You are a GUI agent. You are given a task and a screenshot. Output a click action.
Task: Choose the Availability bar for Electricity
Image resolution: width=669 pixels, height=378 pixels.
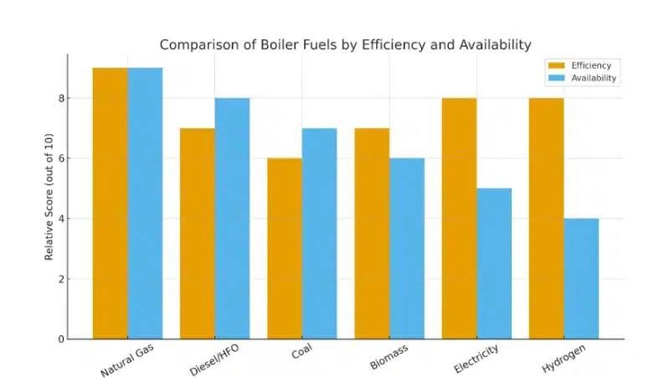pyautogui.click(x=493, y=263)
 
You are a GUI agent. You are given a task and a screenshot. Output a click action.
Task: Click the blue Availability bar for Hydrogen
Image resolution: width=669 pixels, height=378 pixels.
pyautogui.click(x=581, y=278)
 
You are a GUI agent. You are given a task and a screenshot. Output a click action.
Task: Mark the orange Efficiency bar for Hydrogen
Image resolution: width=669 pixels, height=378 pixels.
pyautogui.click(x=546, y=218)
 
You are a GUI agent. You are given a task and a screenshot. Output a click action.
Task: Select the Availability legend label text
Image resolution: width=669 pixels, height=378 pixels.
pyautogui.click(x=594, y=78)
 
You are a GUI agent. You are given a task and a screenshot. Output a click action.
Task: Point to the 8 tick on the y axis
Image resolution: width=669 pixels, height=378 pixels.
pyautogui.click(x=61, y=98)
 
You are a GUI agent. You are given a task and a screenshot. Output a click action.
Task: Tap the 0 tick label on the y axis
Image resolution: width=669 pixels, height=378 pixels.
pyautogui.click(x=61, y=339)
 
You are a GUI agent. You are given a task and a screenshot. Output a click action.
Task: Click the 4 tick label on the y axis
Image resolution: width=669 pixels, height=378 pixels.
pyautogui.click(x=61, y=219)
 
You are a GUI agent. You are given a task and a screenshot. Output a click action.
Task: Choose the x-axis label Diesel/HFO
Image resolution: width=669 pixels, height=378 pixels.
pyautogui.click(x=215, y=360)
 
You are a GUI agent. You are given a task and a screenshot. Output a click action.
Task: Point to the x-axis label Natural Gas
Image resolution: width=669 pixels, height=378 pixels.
pyautogui.click(x=127, y=360)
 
